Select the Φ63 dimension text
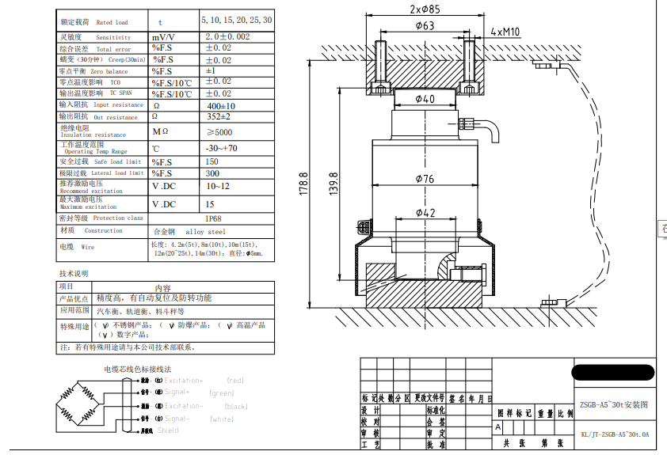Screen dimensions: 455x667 [x=425, y=26]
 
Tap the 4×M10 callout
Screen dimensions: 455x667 [x=505, y=32]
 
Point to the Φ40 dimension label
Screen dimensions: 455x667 [x=425, y=100]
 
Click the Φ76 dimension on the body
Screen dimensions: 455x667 [x=425, y=179]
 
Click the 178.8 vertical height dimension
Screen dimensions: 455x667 [x=303, y=185]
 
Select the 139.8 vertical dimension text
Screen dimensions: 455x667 [x=333, y=185]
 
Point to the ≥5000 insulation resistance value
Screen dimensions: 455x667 [x=219, y=132]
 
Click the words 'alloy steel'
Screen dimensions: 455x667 [x=205, y=232]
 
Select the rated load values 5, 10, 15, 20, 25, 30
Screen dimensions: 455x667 [x=235, y=20]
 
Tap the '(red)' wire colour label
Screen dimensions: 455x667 [x=235, y=381]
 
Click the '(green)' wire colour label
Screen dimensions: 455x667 [x=222, y=393]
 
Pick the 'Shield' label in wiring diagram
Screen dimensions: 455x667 [x=168, y=430]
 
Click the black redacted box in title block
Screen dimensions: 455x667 [x=613, y=373]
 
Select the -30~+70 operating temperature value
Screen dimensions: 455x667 [x=221, y=148]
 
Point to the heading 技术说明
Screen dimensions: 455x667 [x=75, y=274]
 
